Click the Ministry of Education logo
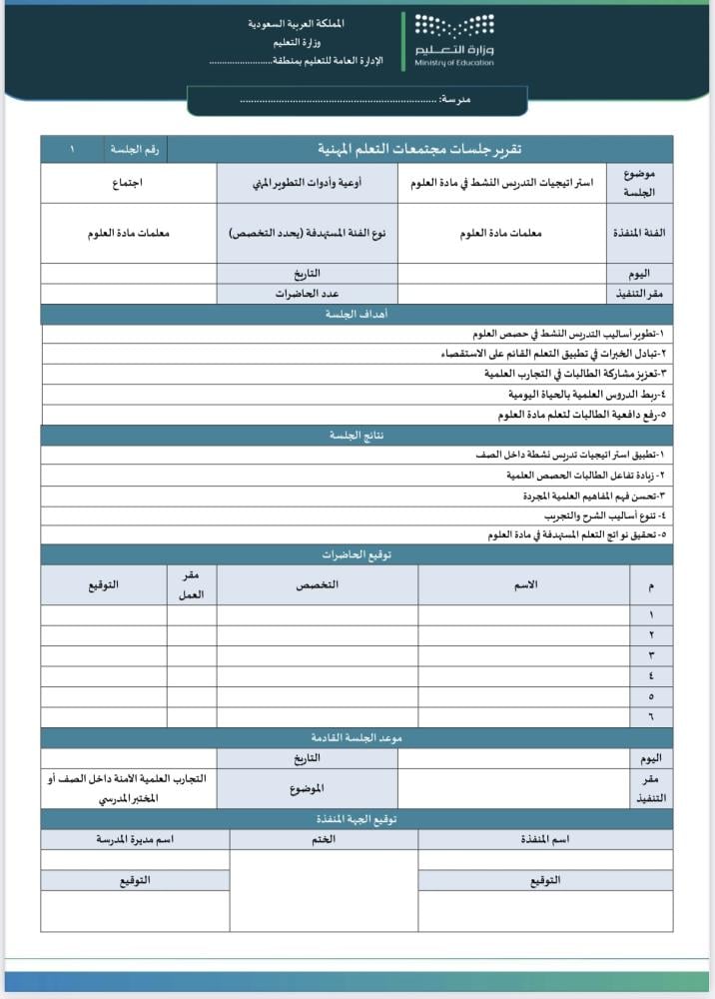click(455, 41)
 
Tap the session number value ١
click(72, 149)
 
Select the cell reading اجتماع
click(128, 184)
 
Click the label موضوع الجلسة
click(640, 183)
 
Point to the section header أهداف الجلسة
click(357, 314)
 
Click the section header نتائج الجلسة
click(357, 436)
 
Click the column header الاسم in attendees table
click(524, 584)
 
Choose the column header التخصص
click(317, 584)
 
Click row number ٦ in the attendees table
click(651, 716)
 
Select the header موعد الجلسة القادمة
click(357, 737)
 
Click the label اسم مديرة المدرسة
click(135, 839)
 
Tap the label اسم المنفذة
click(545, 839)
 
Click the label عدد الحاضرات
click(308, 294)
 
